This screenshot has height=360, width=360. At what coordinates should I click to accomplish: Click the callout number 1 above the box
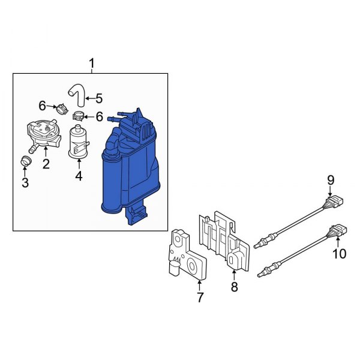point(92,64)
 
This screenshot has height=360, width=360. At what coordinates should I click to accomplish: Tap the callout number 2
point(46,164)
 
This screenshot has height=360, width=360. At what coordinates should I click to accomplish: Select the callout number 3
point(25,183)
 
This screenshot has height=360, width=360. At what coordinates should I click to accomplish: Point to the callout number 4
point(79,176)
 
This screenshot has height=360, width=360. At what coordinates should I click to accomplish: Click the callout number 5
point(99,98)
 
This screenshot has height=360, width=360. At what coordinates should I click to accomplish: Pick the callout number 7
point(200,298)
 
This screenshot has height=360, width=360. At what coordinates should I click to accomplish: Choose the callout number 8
point(234,287)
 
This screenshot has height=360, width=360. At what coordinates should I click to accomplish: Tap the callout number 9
point(331,181)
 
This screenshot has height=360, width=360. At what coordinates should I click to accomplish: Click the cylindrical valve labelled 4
point(79,142)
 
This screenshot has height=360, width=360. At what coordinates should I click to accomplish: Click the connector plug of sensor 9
point(335,202)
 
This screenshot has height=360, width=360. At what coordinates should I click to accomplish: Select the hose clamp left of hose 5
point(62,109)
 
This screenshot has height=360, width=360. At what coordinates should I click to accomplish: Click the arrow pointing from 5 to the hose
point(90,98)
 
